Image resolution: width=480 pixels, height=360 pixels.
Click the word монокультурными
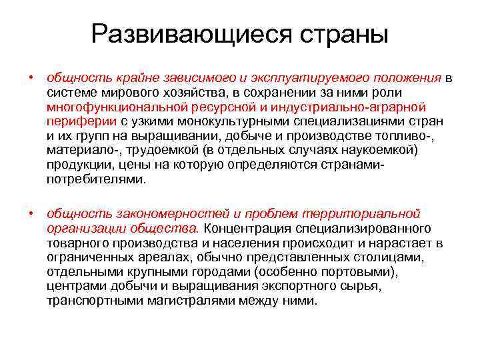[227, 121]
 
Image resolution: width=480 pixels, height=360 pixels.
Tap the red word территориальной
[361, 213]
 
